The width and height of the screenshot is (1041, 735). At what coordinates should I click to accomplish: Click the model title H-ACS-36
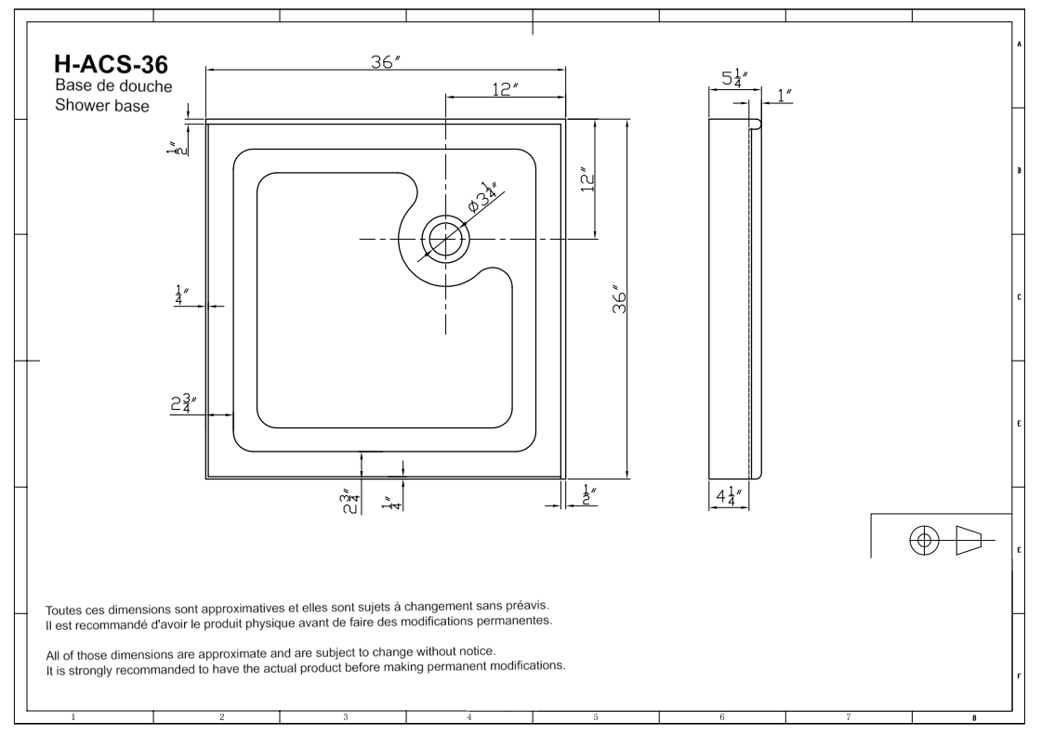coord(112,64)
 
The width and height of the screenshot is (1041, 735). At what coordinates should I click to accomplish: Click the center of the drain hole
coord(447,239)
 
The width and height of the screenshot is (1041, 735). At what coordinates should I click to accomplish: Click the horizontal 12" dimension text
coord(505,88)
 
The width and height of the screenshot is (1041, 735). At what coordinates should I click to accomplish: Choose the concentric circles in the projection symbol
coord(924,539)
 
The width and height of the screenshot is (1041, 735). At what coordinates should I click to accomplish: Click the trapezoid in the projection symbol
coord(969,539)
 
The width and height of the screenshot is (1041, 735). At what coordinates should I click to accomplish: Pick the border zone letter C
coord(1020,297)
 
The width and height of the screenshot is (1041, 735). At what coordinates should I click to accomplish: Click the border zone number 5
coord(595,716)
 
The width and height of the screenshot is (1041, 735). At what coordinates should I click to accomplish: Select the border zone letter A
coord(1020,44)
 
